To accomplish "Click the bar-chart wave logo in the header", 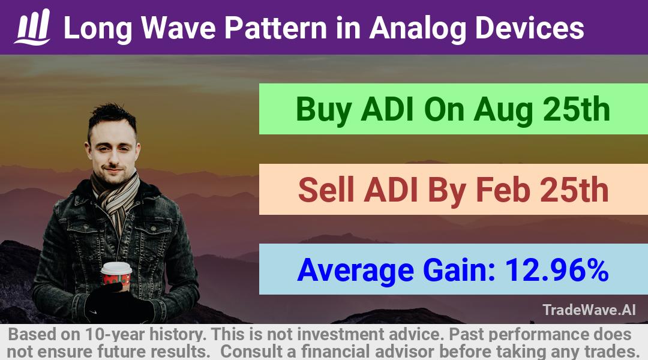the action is tap(32, 27).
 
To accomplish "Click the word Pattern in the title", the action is tap(275, 28).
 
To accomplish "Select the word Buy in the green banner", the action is tap(324, 110).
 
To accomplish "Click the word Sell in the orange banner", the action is tap(326, 190).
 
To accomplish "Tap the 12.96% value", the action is tap(557, 269).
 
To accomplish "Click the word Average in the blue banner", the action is tap(355, 271).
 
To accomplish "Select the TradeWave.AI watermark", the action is tap(589, 310).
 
